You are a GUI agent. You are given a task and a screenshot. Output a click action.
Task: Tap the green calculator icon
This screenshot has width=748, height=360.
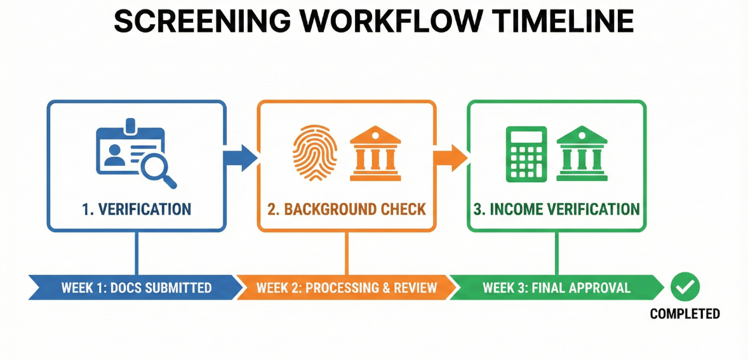coord(526,153)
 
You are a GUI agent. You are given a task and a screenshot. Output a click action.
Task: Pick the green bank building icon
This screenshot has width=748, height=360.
coord(582,153)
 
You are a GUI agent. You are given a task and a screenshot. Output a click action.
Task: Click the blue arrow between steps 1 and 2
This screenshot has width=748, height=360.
coord(240,157)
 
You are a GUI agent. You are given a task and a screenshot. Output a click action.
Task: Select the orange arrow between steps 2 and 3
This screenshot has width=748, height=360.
coord(450,157)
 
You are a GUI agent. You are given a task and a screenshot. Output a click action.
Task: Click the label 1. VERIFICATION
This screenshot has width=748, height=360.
coord(137,209)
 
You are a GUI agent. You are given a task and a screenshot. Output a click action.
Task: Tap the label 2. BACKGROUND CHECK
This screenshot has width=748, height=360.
coord(347,209)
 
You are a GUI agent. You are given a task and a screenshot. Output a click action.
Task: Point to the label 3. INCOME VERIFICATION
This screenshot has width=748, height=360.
coord(557,209)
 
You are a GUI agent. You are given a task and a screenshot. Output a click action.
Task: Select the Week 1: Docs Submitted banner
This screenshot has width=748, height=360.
coord(136,288)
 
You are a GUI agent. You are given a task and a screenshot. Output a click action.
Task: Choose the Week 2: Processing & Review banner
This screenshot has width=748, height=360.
coord(346,288)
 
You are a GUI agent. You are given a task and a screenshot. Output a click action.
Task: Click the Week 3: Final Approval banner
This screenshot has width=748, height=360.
coord(556,288)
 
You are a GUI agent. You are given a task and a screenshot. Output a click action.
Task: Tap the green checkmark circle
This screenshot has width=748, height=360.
coord(685,287)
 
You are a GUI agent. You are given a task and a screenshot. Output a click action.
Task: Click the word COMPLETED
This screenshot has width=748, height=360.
coord(685,314)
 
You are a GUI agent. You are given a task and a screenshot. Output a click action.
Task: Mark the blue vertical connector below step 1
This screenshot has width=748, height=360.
coord(136,253)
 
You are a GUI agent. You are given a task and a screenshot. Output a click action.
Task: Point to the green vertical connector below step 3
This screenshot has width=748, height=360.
coord(556,253)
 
